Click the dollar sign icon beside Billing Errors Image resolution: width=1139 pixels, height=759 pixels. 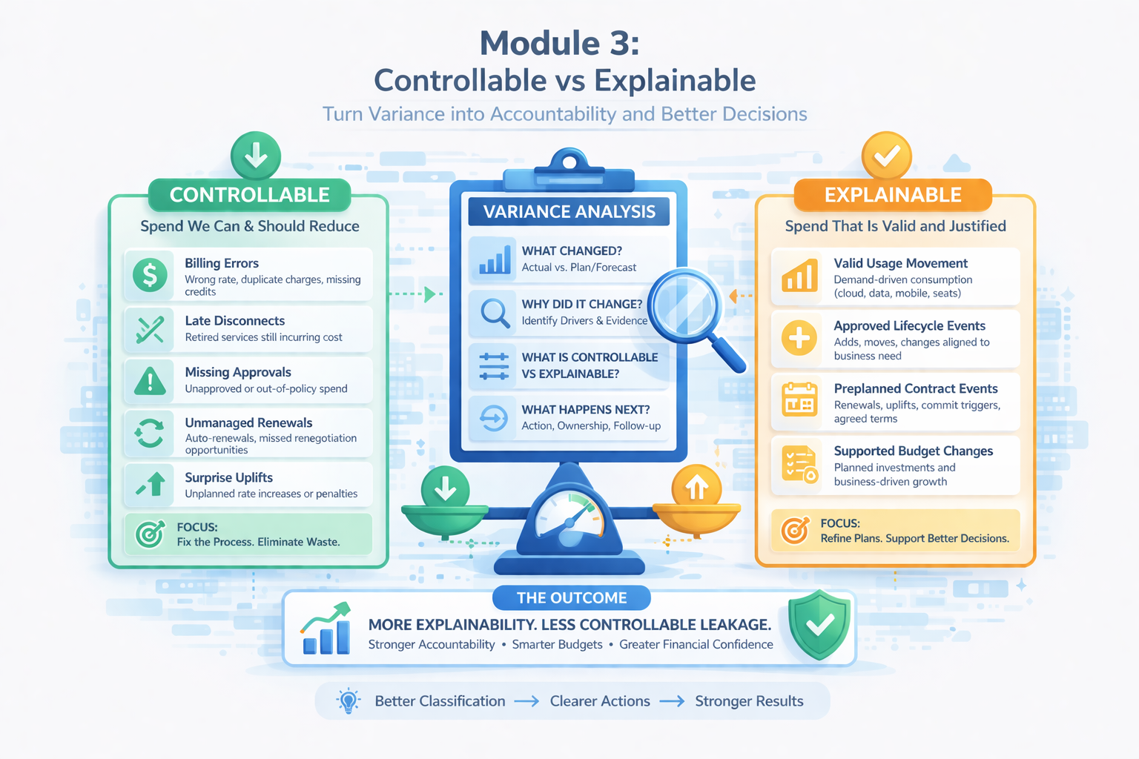point(150,275)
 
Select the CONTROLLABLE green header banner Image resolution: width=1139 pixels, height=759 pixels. point(249,195)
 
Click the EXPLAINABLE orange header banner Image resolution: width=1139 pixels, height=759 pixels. point(893,195)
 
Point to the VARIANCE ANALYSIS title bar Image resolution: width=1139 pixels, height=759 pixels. point(569,211)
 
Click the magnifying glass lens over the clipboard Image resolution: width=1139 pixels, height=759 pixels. point(684,306)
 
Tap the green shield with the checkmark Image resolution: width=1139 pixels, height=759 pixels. point(819,625)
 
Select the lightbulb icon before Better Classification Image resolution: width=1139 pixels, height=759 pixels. point(349,701)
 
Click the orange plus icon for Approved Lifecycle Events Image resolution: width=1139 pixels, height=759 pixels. point(799,337)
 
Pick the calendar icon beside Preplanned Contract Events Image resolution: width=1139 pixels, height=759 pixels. point(799,400)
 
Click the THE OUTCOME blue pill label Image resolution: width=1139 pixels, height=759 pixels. point(572,598)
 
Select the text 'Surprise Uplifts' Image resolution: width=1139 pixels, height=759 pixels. point(229,477)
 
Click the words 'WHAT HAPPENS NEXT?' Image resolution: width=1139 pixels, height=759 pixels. point(586,409)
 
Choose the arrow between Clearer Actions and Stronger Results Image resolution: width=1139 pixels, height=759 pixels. point(673,701)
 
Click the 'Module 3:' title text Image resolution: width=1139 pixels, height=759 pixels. point(560,43)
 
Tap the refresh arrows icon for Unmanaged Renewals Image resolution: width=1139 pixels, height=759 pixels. point(150,433)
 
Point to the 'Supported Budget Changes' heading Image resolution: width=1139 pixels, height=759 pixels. point(914,451)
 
